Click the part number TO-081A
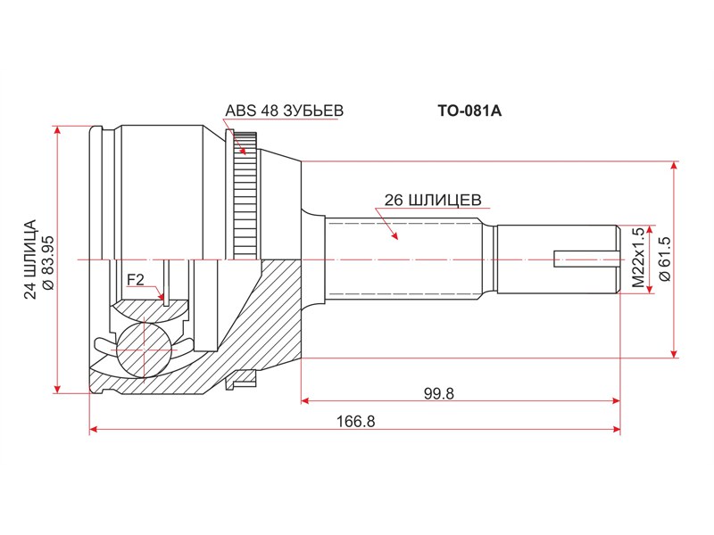pos(469,111)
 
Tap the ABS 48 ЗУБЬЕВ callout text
pos(284,111)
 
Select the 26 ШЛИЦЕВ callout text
pos(433,200)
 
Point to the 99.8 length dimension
pos(439,393)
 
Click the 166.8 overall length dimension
pos(355,421)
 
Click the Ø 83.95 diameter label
pos(48,262)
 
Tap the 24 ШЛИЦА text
pos(30,259)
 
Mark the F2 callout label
pos(136,280)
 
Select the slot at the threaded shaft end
pos(586,259)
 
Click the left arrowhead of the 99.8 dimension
pos(305,400)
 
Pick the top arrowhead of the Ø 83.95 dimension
pos(57,130)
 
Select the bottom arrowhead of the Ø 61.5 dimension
pos(675,353)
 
